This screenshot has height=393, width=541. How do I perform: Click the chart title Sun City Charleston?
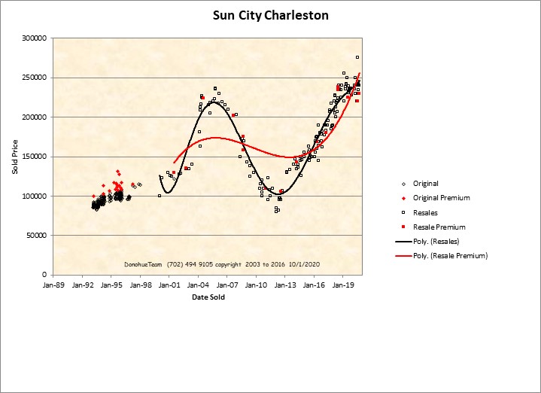[x=270, y=15]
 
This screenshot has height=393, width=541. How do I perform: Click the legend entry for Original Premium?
[x=441, y=198]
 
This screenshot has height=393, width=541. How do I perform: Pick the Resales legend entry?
[x=425, y=212]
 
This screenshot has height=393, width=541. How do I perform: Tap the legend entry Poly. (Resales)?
[x=436, y=241]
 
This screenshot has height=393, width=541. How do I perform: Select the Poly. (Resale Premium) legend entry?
[x=450, y=256]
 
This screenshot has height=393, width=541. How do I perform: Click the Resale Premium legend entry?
[x=439, y=227]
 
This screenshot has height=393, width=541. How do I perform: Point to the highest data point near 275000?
[x=357, y=57]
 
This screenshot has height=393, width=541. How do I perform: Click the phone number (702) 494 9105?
[x=184, y=265]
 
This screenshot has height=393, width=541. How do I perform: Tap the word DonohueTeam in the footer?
[x=143, y=265]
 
